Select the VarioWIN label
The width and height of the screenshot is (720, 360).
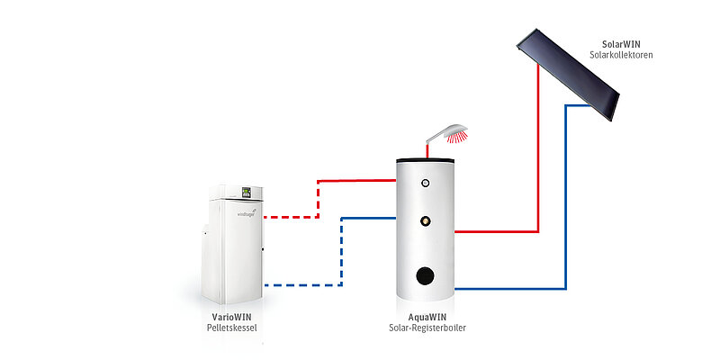coord(231,317)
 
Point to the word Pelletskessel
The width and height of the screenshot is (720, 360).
coord(231,328)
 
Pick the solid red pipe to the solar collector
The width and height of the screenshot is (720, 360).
coord(537,162)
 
